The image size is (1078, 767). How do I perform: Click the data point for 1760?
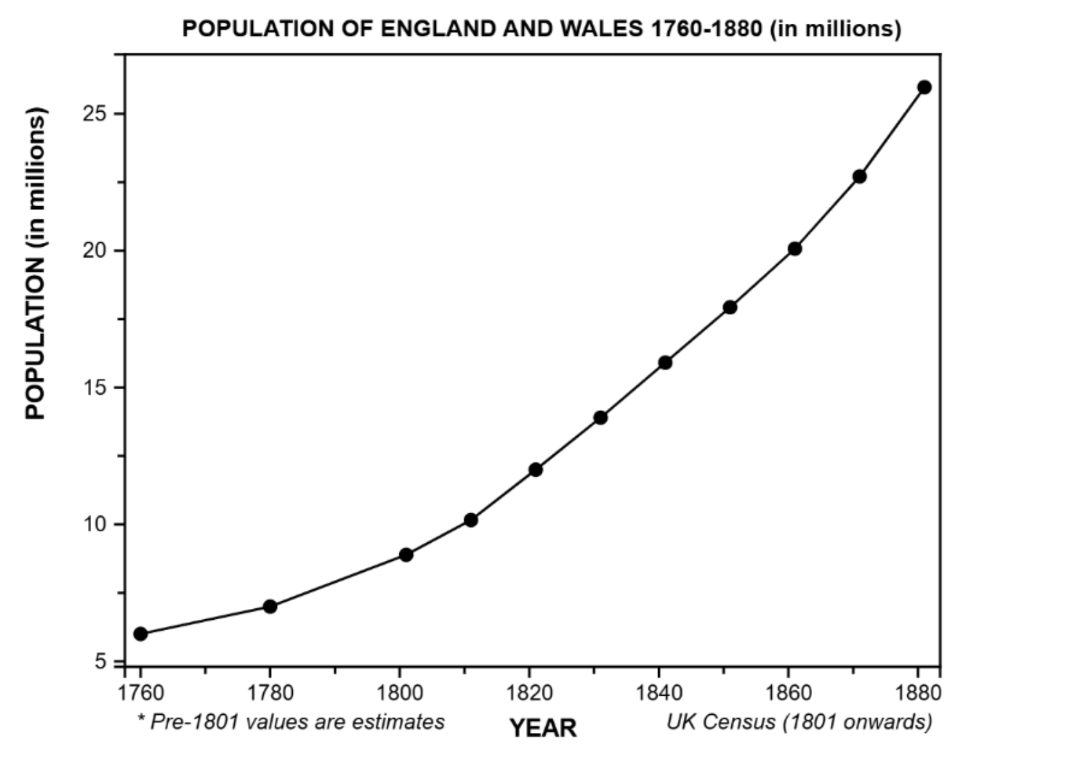point(141,634)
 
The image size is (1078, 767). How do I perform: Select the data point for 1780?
point(270,606)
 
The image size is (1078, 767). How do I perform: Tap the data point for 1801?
point(406,554)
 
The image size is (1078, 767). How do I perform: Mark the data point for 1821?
point(535,470)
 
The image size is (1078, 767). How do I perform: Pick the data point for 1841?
point(665,363)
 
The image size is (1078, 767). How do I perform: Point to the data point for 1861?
point(795,249)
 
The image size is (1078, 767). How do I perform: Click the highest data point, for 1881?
point(925,87)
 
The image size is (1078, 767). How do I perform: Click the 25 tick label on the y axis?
point(94,114)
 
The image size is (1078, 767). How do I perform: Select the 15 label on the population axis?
point(94,387)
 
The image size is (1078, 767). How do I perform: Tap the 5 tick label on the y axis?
point(101,662)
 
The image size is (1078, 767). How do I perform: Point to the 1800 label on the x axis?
point(400,693)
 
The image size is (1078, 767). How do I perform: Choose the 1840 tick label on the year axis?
point(659,693)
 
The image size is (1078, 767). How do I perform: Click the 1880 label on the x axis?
point(918,693)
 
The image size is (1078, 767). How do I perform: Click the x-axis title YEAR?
point(543,728)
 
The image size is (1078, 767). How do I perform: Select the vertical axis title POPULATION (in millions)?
point(36,263)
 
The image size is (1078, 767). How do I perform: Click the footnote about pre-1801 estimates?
point(291,722)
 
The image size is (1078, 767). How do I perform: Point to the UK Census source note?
point(799,722)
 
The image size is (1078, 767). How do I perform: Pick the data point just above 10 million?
point(471,520)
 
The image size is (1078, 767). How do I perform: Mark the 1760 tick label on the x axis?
point(141,693)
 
